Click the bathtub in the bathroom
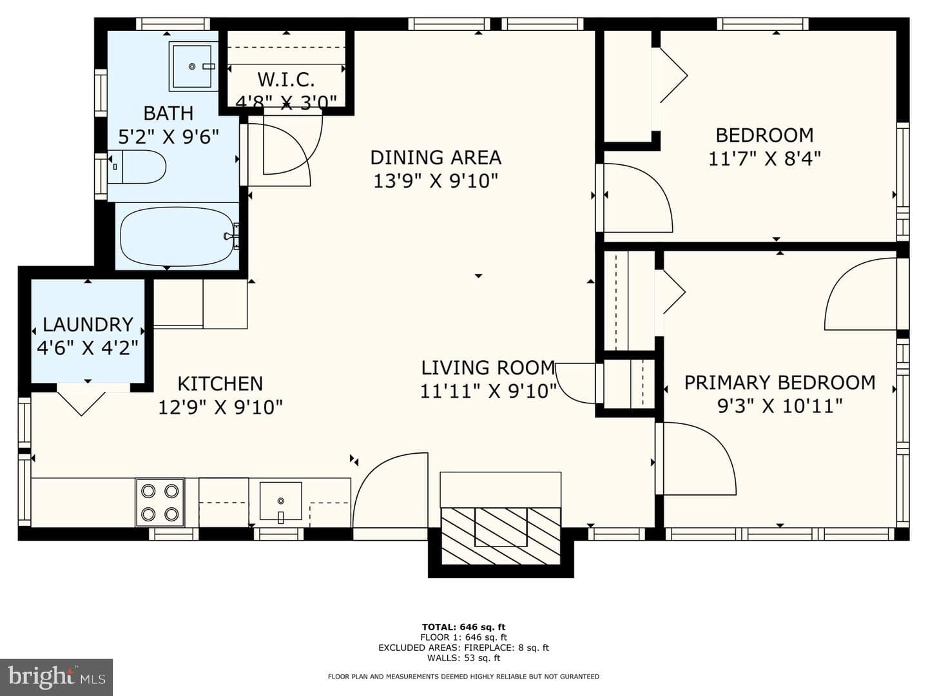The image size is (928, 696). point(177,237)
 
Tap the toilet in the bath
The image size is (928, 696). point(137,167)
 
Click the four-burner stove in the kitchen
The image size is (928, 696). point(160,503)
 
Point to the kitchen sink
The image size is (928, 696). point(281,501)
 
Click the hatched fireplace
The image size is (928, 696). point(501,536)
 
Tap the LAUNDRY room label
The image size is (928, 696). point(88,325)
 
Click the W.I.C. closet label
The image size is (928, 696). point(286,79)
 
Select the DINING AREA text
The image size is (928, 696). point(436,158)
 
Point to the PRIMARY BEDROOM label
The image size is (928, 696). point(780,382)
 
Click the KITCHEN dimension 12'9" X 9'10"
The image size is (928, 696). point(220,407)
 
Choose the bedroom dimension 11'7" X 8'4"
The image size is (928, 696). point(764,159)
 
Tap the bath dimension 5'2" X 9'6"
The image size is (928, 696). point(169,137)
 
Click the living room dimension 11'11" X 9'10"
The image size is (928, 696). point(488,391)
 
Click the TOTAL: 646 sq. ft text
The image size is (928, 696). point(463,627)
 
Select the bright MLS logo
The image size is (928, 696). point(56,677)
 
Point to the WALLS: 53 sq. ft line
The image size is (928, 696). point(463,658)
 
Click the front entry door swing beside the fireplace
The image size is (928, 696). point(391,490)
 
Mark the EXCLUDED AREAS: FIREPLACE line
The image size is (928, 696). point(463,648)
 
